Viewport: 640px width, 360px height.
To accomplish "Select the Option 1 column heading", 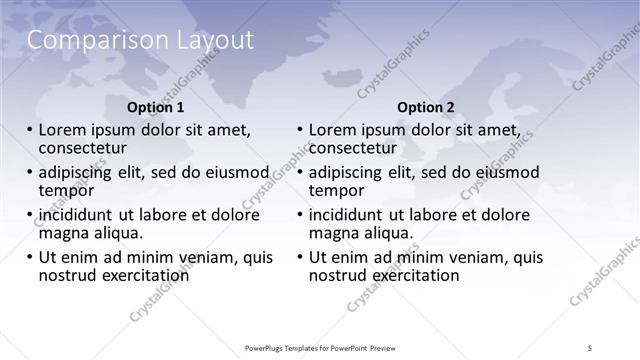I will click(156, 107).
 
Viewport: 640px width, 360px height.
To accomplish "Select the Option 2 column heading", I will click(425, 107).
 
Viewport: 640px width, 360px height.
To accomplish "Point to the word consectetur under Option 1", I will click(86, 148).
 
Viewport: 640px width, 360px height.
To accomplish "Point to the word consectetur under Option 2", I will click(356, 148).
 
